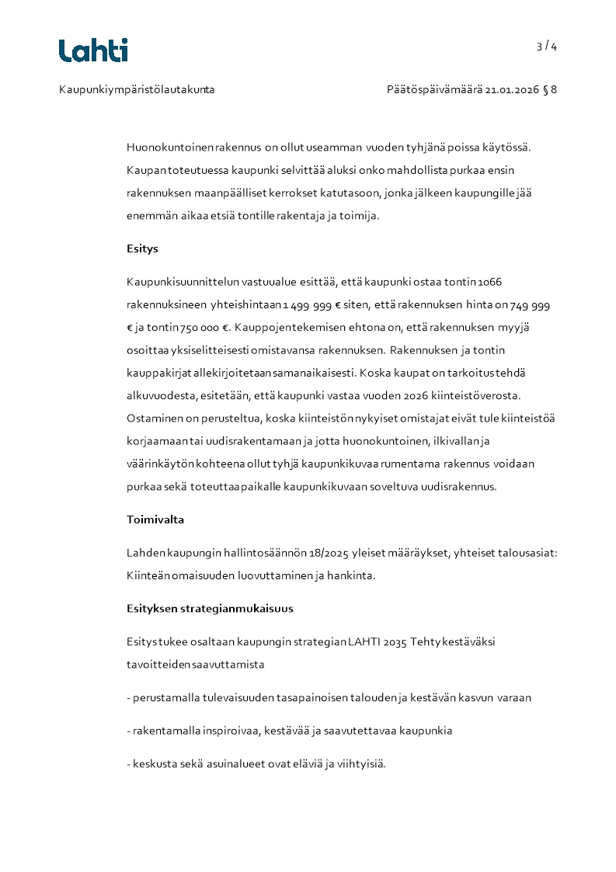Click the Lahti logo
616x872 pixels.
click(x=93, y=50)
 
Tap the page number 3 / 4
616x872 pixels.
click(x=547, y=47)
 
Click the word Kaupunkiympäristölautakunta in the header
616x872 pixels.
click(x=137, y=89)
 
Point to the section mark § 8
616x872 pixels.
click(x=550, y=89)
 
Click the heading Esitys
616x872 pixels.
click(x=142, y=249)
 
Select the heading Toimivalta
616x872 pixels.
click(x=155, y=519)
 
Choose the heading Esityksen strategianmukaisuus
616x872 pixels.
click(x=210, y=608)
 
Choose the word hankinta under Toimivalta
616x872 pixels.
click(x=353, y=575)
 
